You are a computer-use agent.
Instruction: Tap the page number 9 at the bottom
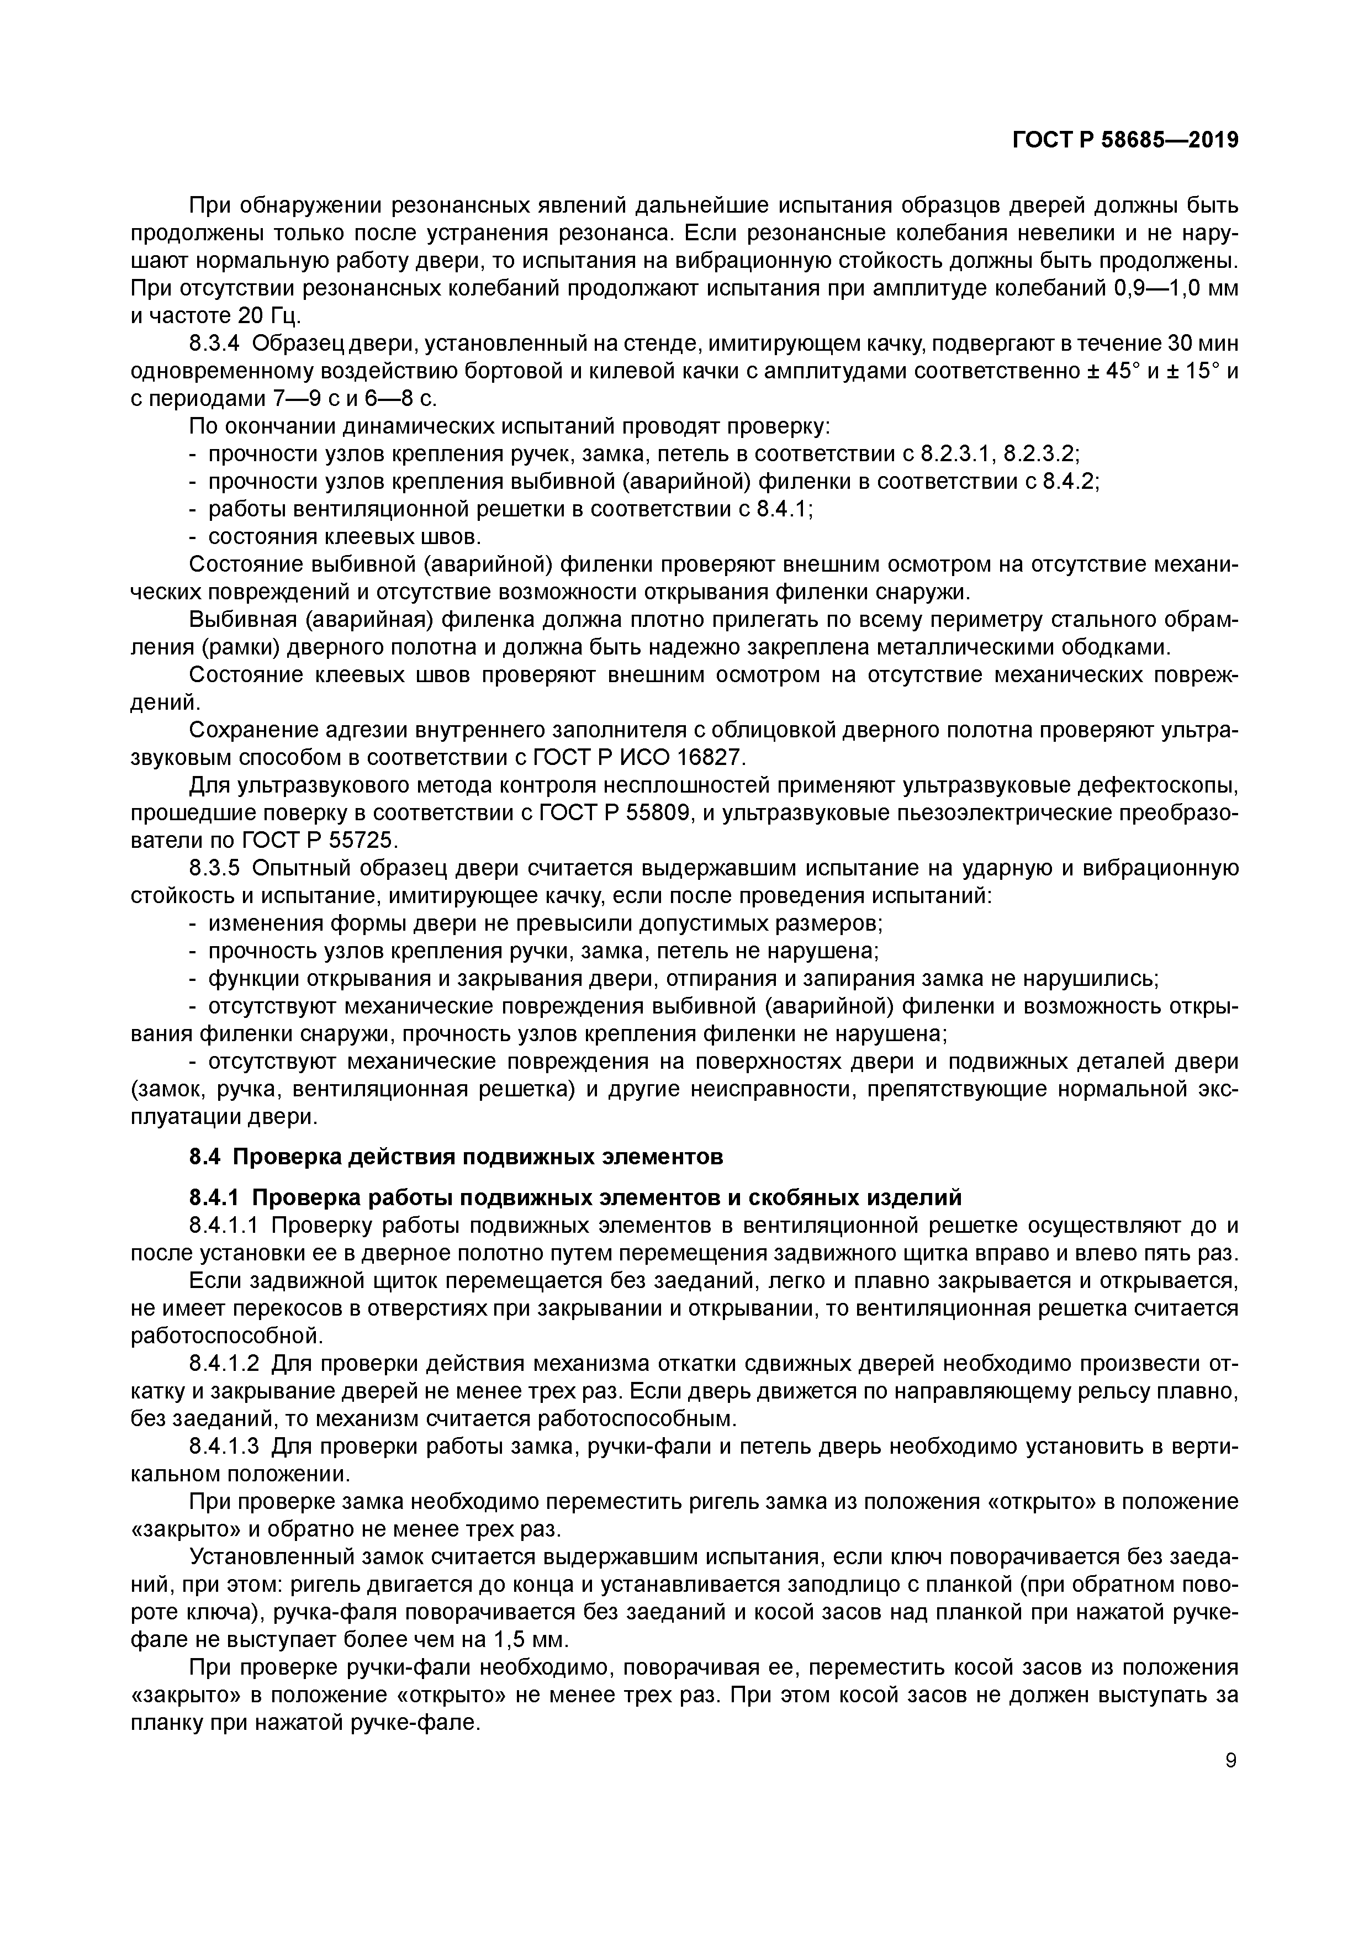pyautogui.click(x=1231, y=1761)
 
